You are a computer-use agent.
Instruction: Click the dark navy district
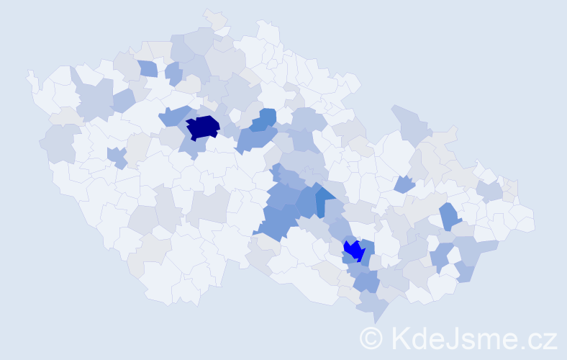tap(202, 127)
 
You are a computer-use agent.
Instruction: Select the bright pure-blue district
tap(353, 250)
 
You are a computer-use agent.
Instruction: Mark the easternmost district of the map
tap(525, 220)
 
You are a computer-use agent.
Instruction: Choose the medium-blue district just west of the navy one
tap(173, 116)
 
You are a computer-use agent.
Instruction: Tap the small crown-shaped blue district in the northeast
tap(404, 184)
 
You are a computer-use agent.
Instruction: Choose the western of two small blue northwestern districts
tap(147, 68)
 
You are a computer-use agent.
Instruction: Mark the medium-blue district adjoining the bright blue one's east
tap(367, 252)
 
